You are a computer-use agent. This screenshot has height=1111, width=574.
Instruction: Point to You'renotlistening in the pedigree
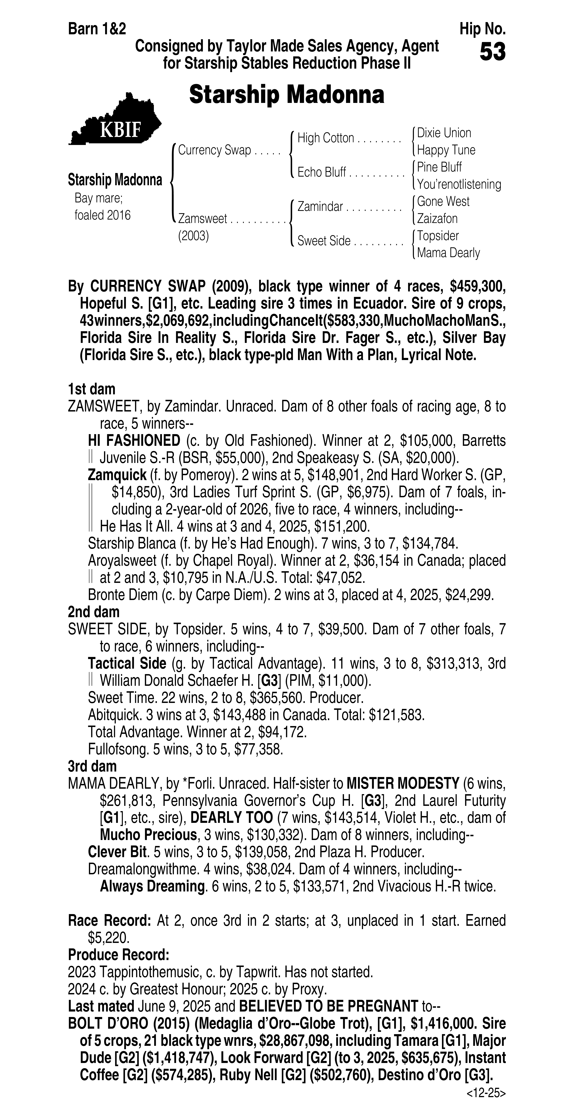click(459, 185)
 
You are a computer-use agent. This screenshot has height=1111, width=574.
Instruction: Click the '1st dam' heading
click(91, 389)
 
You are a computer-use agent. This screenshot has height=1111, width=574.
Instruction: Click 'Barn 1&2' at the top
click(97, 29)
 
